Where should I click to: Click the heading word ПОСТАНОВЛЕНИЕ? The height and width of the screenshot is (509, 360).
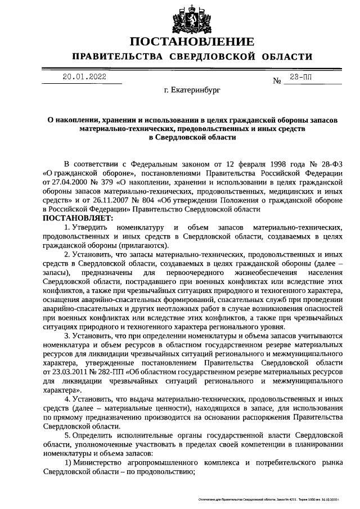[x=192, y=42]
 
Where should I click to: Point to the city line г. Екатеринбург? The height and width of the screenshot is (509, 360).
[x=192, y=89]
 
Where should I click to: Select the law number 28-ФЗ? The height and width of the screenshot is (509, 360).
[x=332, y=160]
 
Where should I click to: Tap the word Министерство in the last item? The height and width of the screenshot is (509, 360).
[x=98, y=462]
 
